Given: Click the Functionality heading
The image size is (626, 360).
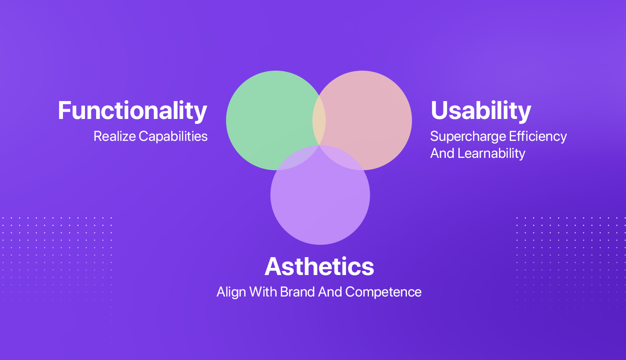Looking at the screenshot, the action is pos(132,111).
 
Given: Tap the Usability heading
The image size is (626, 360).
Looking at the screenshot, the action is pos(481,111).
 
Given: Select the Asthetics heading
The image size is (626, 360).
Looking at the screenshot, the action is pos(319,267).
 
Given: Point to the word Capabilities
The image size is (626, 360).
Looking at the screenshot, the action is pos(173,137).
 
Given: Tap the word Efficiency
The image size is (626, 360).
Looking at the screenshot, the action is pos(537,137).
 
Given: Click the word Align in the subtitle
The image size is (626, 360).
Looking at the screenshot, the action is pos(231,292).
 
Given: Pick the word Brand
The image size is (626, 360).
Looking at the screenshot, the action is pos(297,292).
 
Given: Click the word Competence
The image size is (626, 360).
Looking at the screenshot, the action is pos(383,292).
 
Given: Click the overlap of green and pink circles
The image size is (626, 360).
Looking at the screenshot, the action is pos(319,120).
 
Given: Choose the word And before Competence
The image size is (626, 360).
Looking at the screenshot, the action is pos(330,292).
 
